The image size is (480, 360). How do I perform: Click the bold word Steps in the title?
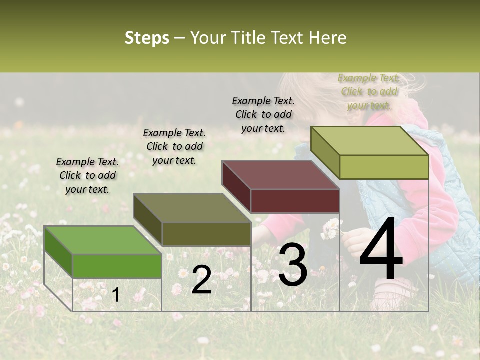click(x=147, y=38)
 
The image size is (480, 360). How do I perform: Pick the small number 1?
click(x=115, y=295)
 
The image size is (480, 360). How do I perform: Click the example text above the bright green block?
click(x=87, y=175)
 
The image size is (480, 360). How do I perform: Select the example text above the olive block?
click(x=174, y=146)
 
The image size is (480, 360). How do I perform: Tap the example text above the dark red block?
click(x=263, y=114)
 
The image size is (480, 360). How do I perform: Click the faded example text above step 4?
click(x=369, y=91)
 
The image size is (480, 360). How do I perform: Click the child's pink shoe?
click(x=395, y=290)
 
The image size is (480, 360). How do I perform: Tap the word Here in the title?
click(x=327, y=38)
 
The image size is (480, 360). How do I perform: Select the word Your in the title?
click(x=207, y=38)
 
